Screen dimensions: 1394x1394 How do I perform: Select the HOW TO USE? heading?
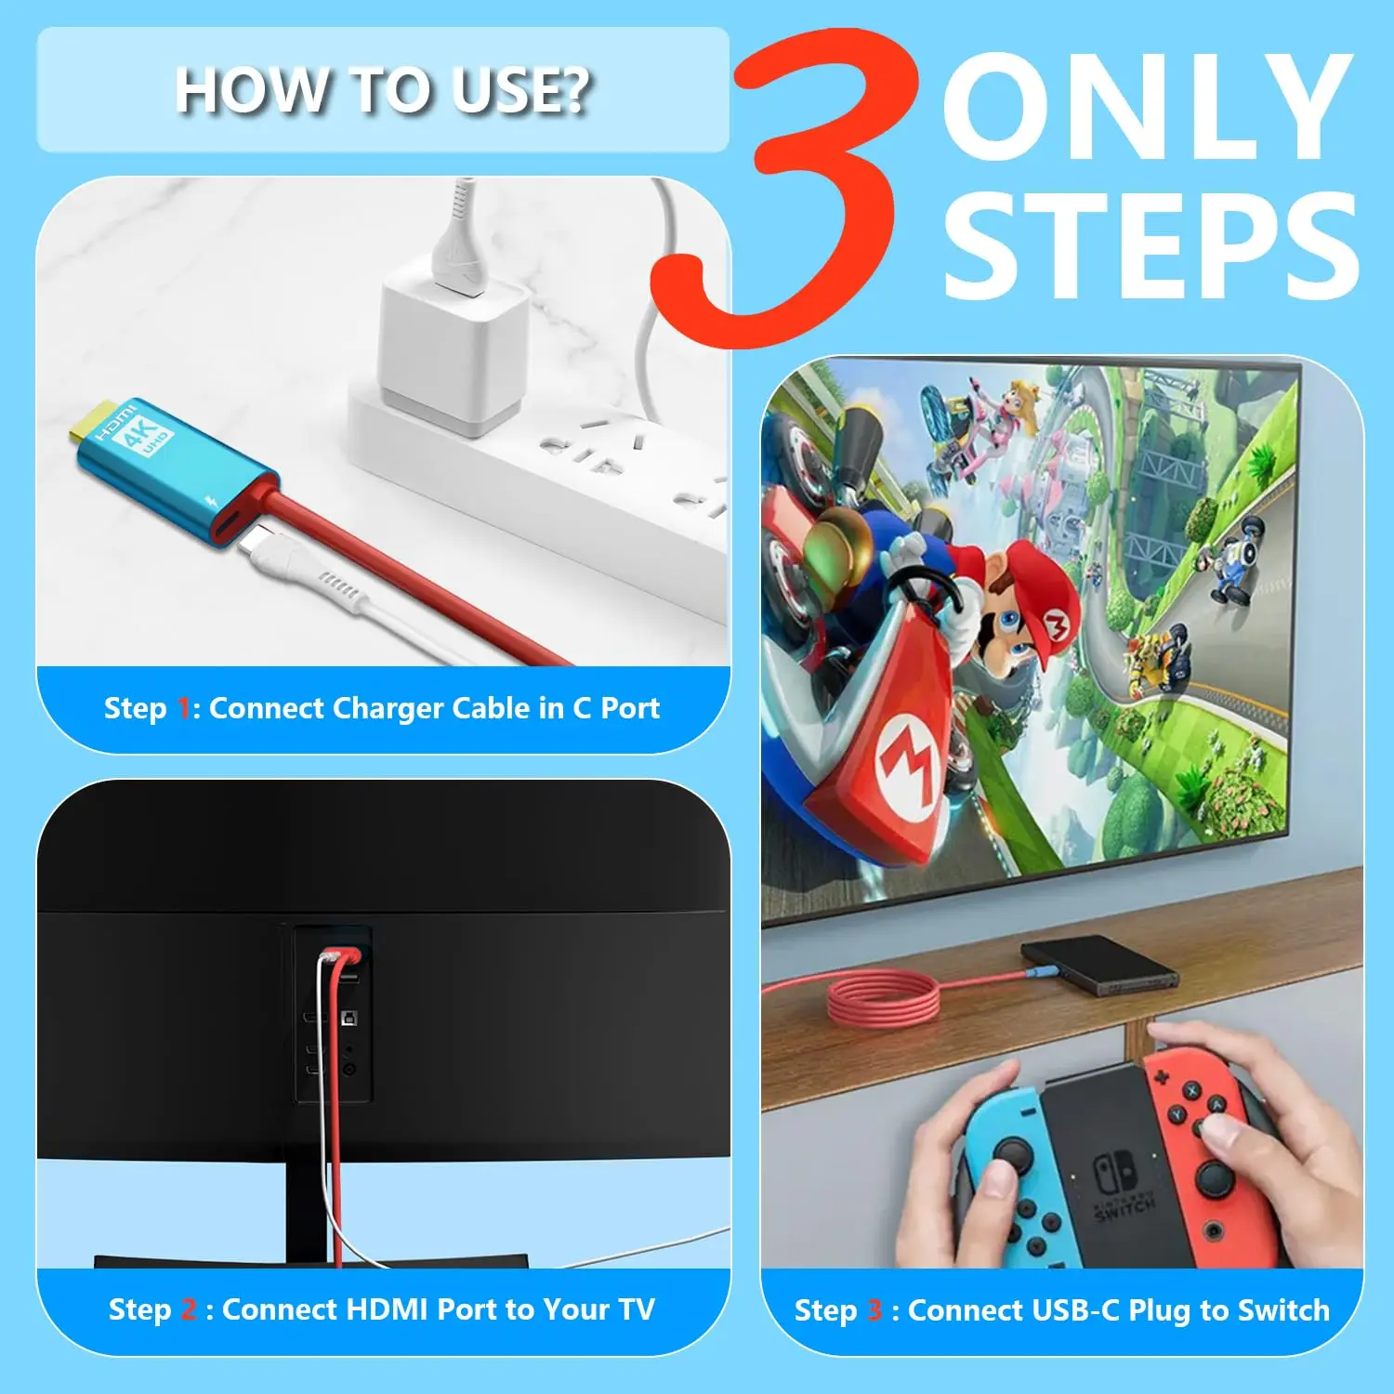coord(383,90)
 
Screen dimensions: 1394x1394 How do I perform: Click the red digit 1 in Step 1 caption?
coord(183,709)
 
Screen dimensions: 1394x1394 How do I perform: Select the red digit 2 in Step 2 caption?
coord(189,1310)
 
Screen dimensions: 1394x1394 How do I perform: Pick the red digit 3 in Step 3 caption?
coord(875,1310)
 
